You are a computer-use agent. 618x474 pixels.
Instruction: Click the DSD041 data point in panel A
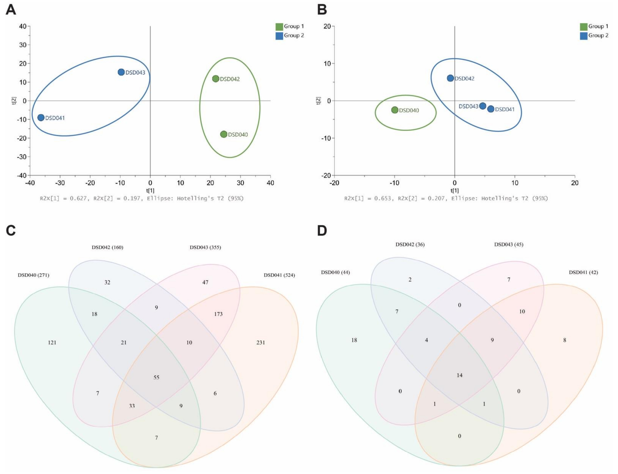pyautogui.click(x=41, y=117)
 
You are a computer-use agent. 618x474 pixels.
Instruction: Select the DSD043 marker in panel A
pyautogui.click(x=121, y=72)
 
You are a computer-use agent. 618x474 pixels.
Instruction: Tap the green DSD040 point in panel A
pyautogui.click(x=223, y=134)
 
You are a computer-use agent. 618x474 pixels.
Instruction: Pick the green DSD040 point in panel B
pyautogui.click(x=395, y=110)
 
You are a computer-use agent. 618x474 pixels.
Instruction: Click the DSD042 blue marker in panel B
pyautogui.click(x=450, y=78)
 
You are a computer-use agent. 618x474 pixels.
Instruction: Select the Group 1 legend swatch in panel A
pyautogui.click(x=279, y=27)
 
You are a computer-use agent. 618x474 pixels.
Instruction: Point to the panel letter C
pyautogui.click(x=11, y=231)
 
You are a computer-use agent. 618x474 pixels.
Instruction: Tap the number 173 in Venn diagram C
pyautogui.click(x=218, y=314)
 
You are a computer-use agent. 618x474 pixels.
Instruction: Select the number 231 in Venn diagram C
pyautogui.click(x=260, y=343)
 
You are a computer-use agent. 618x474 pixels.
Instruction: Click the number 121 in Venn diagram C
pyautogui.click(x=52, y=343)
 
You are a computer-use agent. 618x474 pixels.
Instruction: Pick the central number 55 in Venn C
pyautogui.click(x=156, y=377)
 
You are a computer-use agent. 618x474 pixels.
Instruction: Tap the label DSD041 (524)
pyautogui.click(x=279, y=275)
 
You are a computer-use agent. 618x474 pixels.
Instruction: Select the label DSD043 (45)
pyautogui.click(x=508, y=244)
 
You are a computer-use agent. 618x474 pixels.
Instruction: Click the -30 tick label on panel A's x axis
pyautogui.click(x=60, y=183)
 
